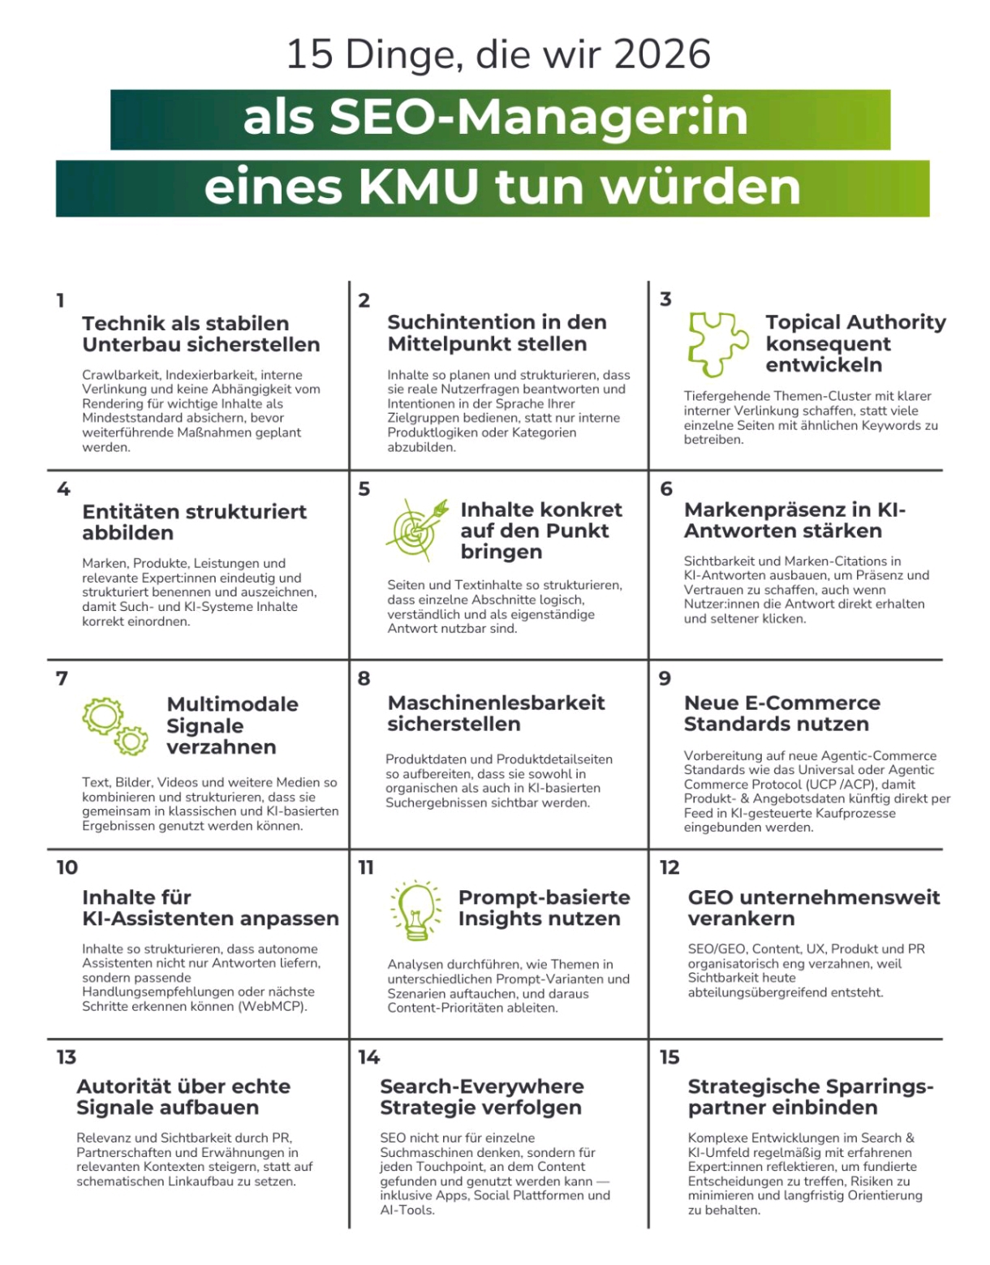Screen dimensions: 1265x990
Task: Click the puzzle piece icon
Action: pos(717,343)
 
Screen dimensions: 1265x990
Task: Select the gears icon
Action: pos(114,725)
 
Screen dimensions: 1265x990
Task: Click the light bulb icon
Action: pos(416,910)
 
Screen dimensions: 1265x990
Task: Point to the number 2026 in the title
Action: pos(663,55)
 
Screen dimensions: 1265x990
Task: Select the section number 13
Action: pos(66,1057)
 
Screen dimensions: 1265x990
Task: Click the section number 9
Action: pos(665,678)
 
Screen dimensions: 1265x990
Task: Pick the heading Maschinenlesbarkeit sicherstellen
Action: pos(496,713)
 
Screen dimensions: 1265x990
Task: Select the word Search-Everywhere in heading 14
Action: pos(481,1086)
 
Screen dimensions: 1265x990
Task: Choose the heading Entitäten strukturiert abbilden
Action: pos(194,523)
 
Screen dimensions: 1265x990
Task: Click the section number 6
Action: pos(666,488)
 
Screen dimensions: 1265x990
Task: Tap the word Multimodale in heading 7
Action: pos(232,704)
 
